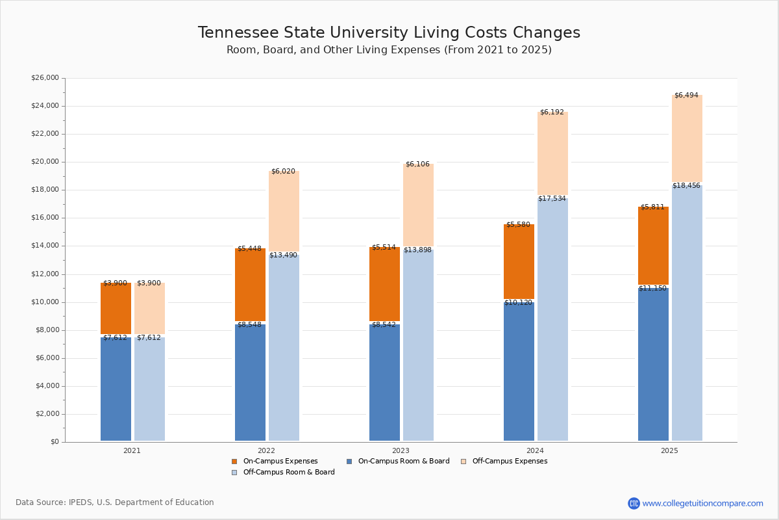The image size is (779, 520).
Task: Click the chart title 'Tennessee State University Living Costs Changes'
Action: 389,33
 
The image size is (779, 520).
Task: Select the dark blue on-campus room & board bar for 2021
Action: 116,390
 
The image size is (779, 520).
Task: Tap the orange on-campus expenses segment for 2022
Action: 250,286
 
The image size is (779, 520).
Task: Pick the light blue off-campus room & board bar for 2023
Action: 418,351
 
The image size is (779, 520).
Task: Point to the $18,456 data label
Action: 686,186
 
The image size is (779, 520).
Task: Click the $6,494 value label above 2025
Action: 686,96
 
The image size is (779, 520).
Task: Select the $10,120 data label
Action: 518,302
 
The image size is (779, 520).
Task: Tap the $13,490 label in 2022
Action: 283,255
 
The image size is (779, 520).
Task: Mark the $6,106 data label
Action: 417,164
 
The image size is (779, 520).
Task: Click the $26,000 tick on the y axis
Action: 45,78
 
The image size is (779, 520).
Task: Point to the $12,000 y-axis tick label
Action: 45,274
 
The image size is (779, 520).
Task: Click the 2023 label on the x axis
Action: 401,450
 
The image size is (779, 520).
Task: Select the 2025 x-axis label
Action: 669,450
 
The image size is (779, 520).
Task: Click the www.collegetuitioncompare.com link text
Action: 702,503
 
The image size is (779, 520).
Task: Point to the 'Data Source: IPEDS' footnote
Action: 115,502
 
